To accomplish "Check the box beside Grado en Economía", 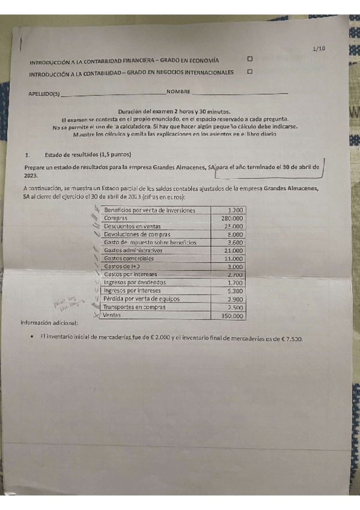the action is click(249, 59).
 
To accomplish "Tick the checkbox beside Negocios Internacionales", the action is click(249, 71).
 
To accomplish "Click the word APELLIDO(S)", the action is click(44, 94).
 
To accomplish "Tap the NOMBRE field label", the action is click(178, 91).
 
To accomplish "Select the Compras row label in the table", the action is click(115, 218).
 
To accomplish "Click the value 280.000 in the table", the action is click(232, 218).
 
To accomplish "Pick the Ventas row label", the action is click(112, 315).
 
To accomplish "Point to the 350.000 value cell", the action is click(232, 315).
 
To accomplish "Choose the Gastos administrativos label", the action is click(133, 250).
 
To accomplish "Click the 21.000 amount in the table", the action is click(233, 250).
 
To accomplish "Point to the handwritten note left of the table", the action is click(67, 304).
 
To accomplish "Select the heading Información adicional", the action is click(48, 322).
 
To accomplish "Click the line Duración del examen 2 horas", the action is click(174, 112).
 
